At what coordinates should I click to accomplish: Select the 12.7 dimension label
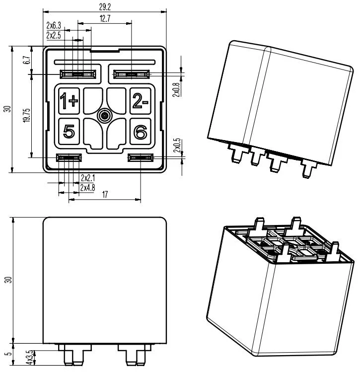point(105,18)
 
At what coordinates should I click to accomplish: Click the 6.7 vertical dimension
point(27,61)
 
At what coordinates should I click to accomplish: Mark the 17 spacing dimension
point(105,195)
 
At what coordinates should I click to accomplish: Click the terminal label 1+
point(69,101)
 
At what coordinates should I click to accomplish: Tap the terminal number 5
point(69,132)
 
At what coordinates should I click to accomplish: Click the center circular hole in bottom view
point(104,116)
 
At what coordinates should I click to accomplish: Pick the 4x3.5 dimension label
point(29,357)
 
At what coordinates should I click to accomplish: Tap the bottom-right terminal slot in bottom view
point(141,157)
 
